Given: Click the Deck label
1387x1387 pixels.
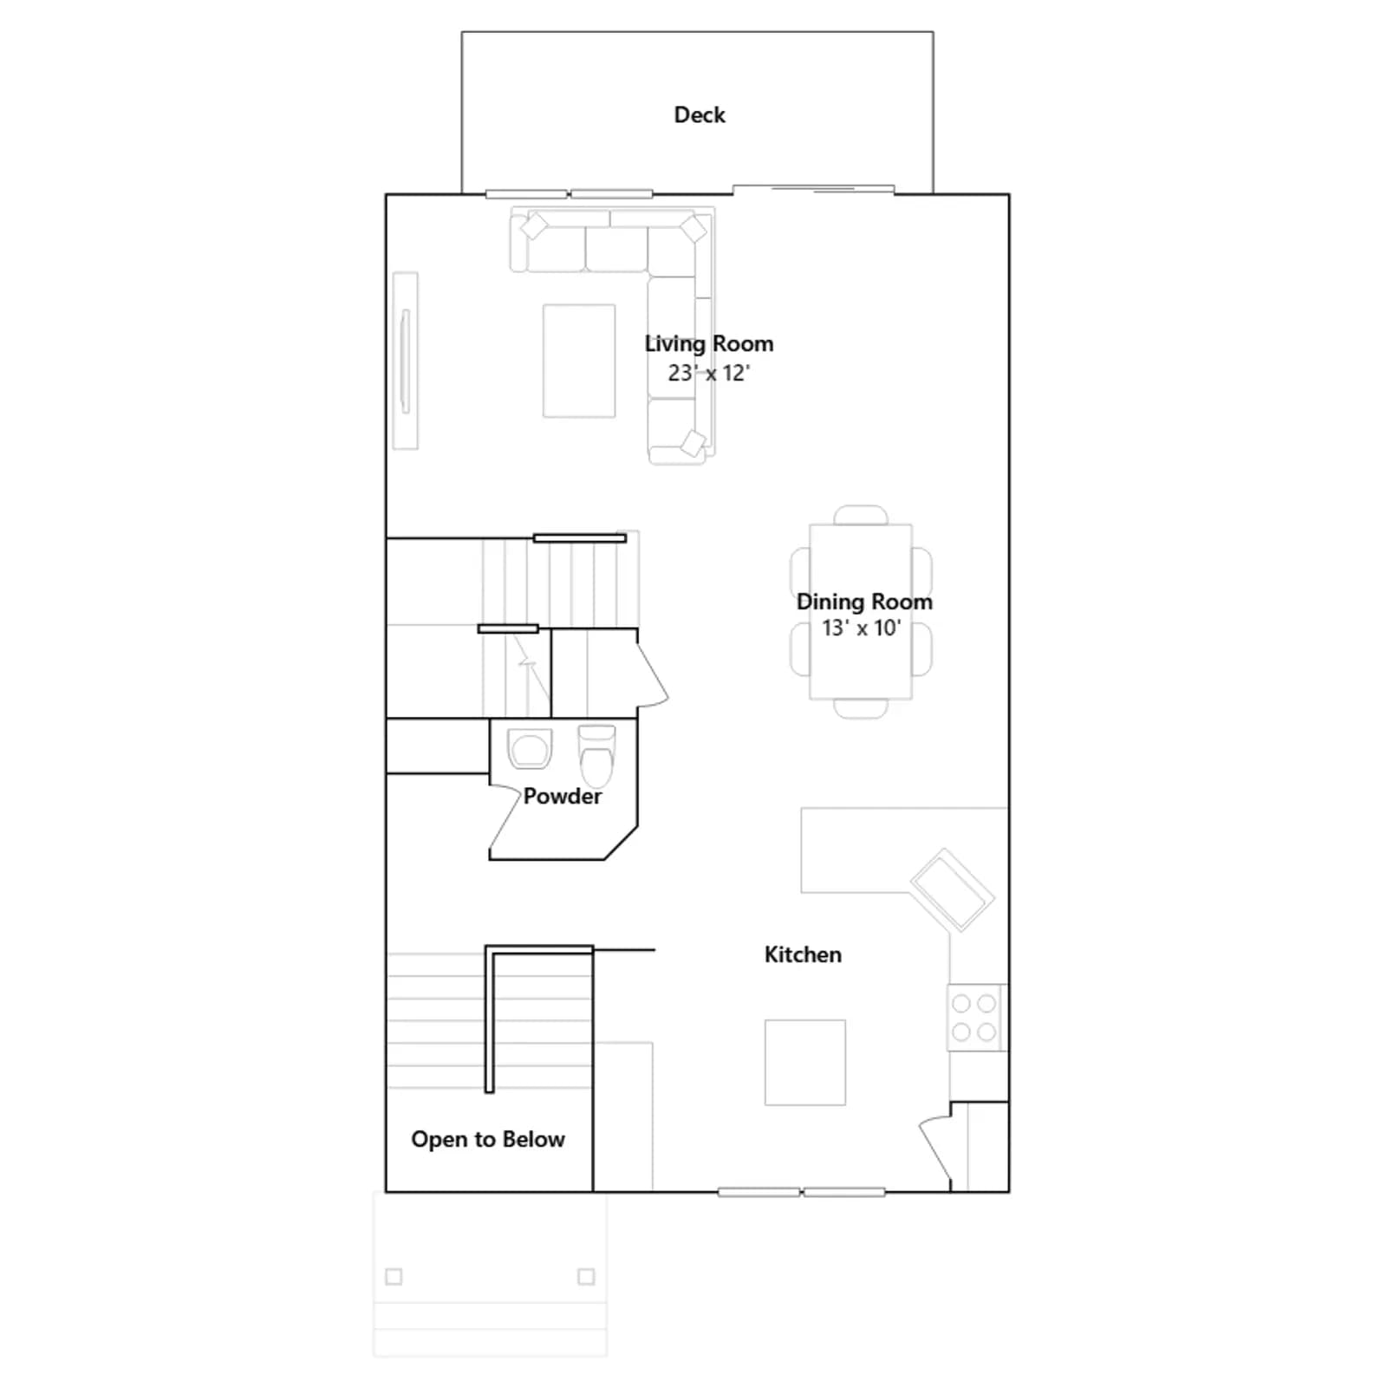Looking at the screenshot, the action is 700,114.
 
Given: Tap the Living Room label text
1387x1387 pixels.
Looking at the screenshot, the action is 709,344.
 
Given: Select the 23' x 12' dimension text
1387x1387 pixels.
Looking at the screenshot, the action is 708,373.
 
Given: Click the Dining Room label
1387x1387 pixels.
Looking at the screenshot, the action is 864,602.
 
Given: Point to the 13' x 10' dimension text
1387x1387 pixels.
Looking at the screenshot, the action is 862,628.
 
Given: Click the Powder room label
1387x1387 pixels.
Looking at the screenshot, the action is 563,796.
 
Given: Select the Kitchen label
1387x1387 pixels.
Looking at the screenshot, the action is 803,954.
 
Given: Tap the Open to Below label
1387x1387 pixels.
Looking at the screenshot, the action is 488,1139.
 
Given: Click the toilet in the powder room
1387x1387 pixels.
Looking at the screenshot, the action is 596,755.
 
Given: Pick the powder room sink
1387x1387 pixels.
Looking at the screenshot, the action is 530,749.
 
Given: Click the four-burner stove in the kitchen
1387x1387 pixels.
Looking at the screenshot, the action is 974,1018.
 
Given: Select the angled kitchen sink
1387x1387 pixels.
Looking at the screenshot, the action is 952,890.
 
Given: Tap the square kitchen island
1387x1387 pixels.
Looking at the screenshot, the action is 805,1063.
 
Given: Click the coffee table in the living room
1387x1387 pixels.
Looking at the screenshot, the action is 579,361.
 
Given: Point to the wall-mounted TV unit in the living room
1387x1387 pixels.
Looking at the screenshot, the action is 405,361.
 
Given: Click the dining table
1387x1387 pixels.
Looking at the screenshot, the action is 861,611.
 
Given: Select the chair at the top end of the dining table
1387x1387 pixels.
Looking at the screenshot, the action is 861,515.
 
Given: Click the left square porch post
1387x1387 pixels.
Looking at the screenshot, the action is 394,1276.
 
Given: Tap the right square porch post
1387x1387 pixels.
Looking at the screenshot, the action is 586,1276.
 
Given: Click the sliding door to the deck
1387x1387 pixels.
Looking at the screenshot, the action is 813,189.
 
